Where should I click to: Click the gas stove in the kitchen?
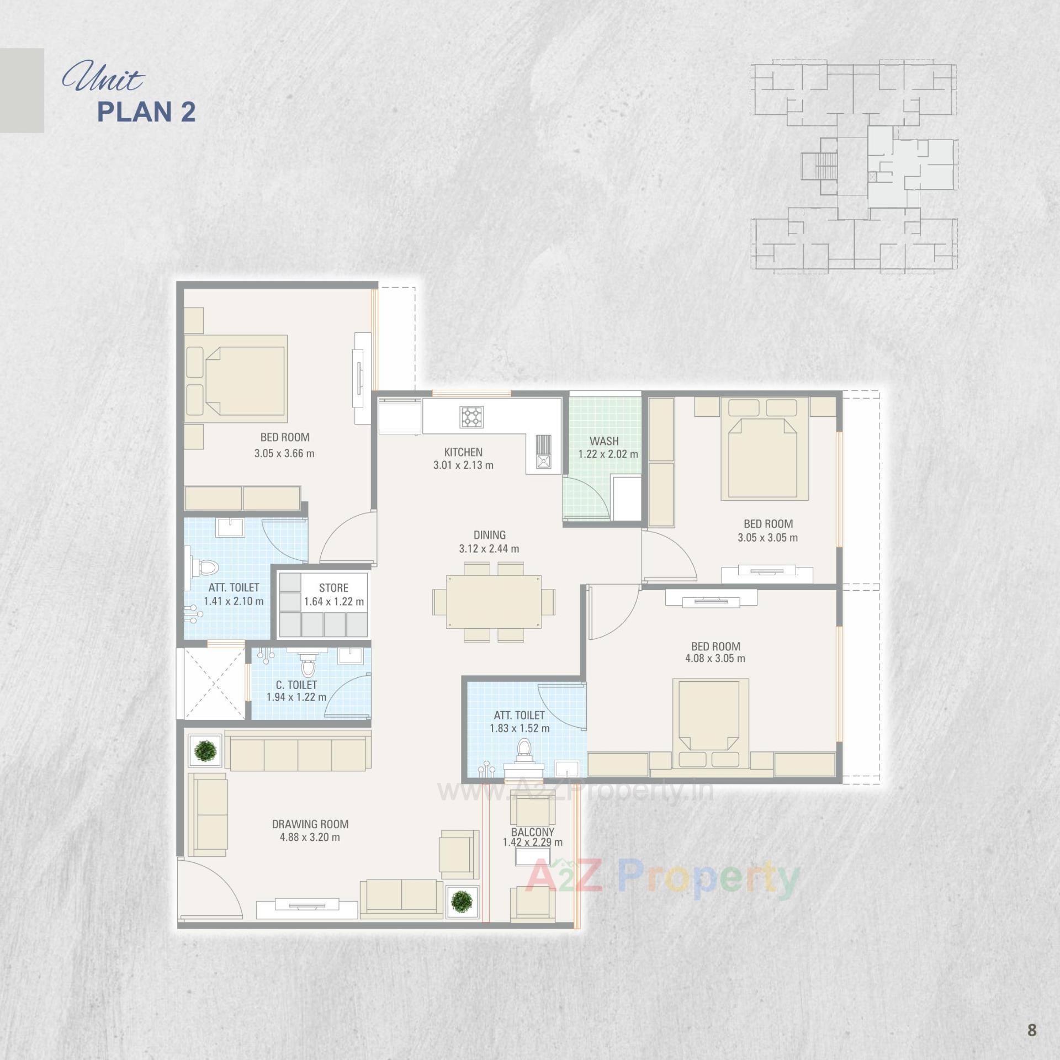pyautogui.click(x=471, y=417)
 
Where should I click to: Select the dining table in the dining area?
pyautogui.click(x=494, y=601)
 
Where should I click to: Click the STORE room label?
pyautogui.click(x=333, y=588)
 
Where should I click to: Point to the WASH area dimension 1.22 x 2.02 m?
pyautogui.click(x=608, y=454)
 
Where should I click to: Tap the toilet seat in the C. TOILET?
pyautogui.click(x=308, y=667)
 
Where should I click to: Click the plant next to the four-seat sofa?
pyautogui.click(x=206, y=750)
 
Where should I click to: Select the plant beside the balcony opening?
pyautogui.click(x=462, y=902)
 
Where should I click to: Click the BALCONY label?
pyautogui.click(x=532, y=832)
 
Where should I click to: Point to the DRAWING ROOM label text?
pyautogui.click(x=310, y=824)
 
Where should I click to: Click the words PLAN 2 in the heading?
pyautogui.click(x=146, y=112)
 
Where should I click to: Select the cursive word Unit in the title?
pyautogui.click(x=102, y=79)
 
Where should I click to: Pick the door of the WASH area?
pyautogui.click(x=585, y=497)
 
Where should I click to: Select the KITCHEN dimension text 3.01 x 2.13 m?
pyautogui.click(x=463, y=465)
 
